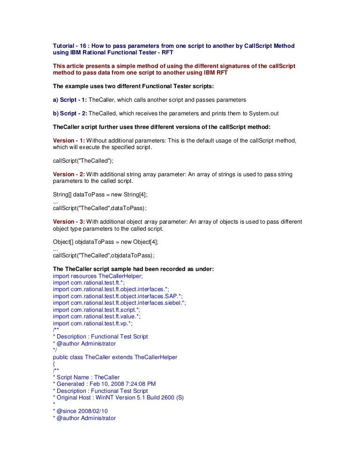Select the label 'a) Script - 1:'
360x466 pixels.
point(69,100)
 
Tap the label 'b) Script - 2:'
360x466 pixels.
point(69,113)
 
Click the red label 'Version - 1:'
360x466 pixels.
point(69,141)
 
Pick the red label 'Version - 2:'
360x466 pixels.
point(69,174)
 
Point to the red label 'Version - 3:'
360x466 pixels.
point(69,222)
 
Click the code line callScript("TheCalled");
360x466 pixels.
point(83,161)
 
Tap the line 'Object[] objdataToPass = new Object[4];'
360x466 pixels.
point(105,242)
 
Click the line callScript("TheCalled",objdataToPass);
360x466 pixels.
point(103,256)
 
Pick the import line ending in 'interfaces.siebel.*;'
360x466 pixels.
point(120,303)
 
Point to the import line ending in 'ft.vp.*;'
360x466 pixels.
point(93,323)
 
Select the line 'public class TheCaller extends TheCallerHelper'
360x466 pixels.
point(115,357)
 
